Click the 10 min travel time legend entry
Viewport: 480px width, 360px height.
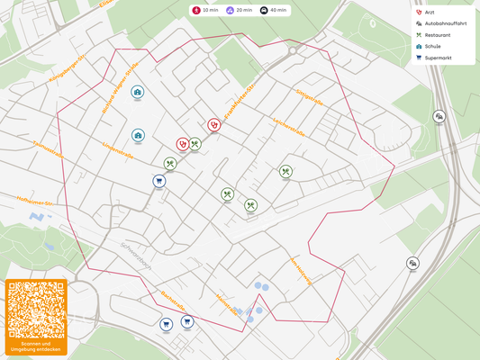(x=204, y=10)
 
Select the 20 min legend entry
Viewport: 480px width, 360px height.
(x=239, y=10)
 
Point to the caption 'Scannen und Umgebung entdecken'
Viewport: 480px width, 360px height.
(x=36, y=346)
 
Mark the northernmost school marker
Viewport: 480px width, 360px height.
(x=138, y=92)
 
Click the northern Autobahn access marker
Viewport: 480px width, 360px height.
(x=439, y=116)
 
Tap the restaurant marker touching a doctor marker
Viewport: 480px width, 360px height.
(x=195, y=143)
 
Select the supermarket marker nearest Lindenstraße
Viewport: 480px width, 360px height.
(x=159, y=181)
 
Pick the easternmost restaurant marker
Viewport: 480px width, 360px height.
(x=285, y=171)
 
